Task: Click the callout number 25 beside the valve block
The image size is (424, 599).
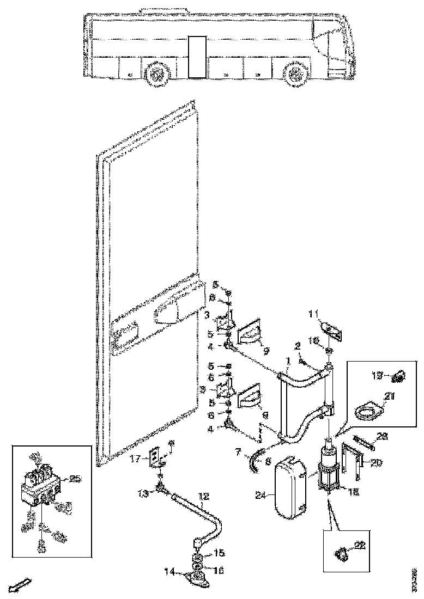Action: pyautogui.click(x=75, y=479)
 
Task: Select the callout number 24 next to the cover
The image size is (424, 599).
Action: pyautogui.click(x=260, y=495)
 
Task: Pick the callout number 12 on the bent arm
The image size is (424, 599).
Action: pyautogui.click(x=203, y=496)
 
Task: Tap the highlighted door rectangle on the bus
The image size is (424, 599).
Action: pyautogui.click(x=195, y=57)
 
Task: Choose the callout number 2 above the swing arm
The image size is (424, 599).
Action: pyautogui.click(x=298, y=345)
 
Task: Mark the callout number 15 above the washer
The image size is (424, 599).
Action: pyautogui.click(x=219, y=553)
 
